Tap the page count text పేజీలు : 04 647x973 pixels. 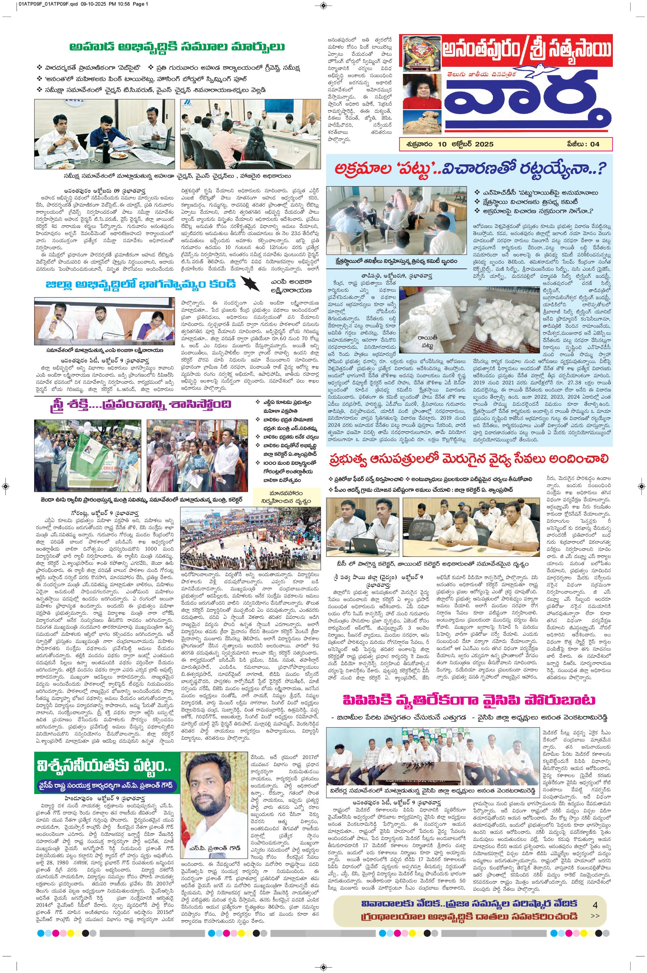[583, 144]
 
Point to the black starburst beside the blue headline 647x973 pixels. [250, 284]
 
